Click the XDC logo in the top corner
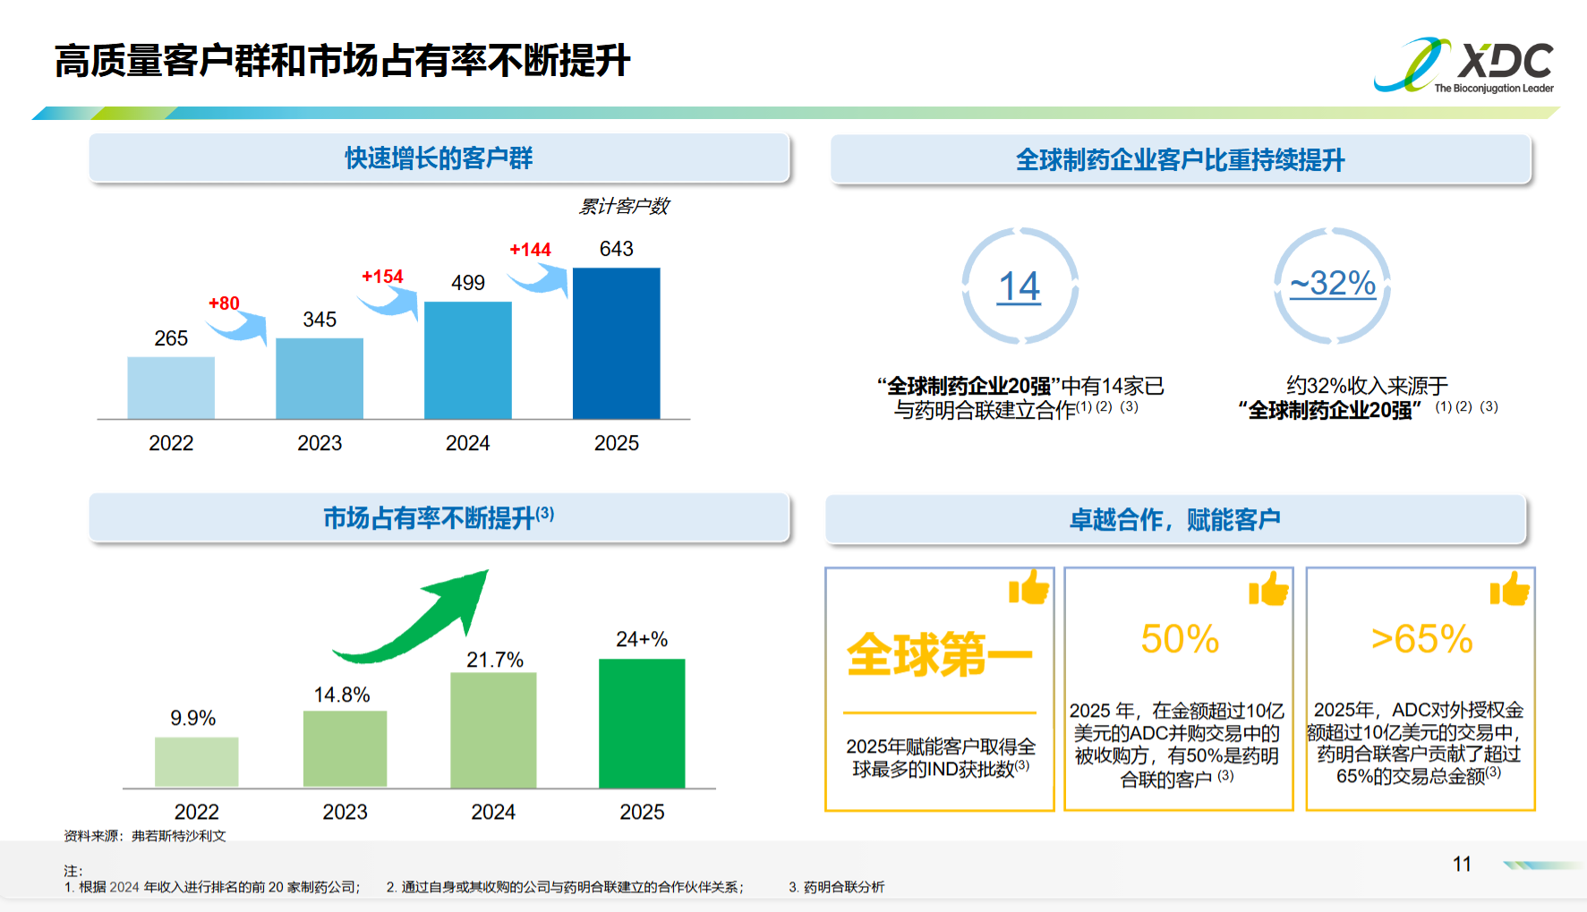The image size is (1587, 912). click(1463, 64)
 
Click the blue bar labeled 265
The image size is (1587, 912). click(171, 388)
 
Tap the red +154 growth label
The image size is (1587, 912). click(382, 277)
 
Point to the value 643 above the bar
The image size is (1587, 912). click(616, 249)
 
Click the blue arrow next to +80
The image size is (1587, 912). click(240, 328)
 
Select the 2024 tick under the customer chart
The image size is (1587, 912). click(467, 443)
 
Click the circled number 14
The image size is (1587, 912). click(1020, 286)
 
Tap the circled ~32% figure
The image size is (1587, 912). click(1332, 284)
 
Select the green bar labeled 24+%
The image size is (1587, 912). click(642, 723)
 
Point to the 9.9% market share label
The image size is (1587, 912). click(192, 718)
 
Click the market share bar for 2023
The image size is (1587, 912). click(345, 749)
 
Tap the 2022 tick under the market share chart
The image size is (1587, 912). click(196, 812)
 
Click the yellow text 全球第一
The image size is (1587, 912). click(939, 654)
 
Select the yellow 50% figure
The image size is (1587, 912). click(1179, 639)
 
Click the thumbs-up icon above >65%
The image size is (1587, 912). click(1510, 590)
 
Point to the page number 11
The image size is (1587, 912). click(1462, 864)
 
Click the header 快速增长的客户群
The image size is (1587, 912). click(439, 158)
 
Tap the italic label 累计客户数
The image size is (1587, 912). click(624, 207)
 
